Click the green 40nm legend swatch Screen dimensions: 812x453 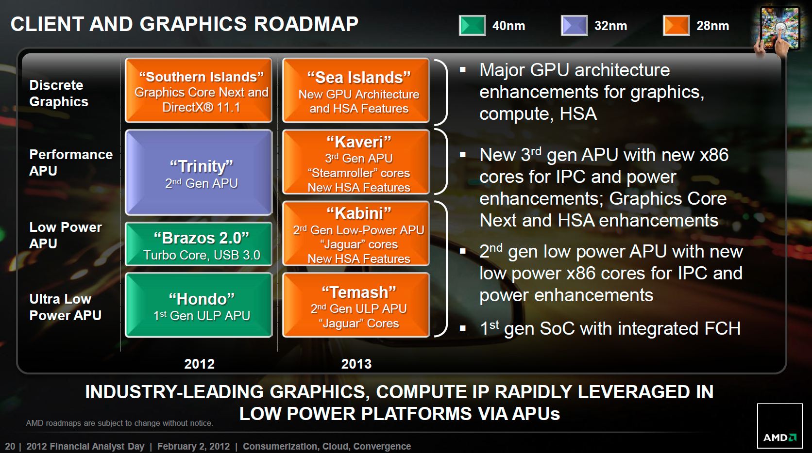tap(473, 25)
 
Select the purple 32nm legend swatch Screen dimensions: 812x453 tap(575, 25)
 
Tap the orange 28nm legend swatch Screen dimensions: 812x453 tap(677, 25)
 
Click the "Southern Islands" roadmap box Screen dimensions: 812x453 tap(199, 90)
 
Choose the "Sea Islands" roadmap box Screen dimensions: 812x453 tap(356, 90)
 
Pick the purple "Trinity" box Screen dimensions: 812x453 tap(199, 172)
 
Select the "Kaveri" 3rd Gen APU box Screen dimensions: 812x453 tap(356, 162)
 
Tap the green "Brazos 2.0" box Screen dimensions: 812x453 tap(199, 244)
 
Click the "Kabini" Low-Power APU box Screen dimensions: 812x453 tap(356, 234)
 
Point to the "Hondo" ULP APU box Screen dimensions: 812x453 tap(199, 305)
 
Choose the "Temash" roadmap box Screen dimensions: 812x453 tap(356, 305)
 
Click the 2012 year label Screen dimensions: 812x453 tap(200, 364)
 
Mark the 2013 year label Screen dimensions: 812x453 tap(356, 364)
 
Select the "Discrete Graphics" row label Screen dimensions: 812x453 tap(59, 93)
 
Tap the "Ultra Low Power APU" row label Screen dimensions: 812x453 tap(65, 307)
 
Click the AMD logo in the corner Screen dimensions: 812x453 tap(780, 426)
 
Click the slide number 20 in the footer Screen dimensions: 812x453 tap(10, 446)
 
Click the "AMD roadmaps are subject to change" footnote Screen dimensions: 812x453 tap(119, 423)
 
